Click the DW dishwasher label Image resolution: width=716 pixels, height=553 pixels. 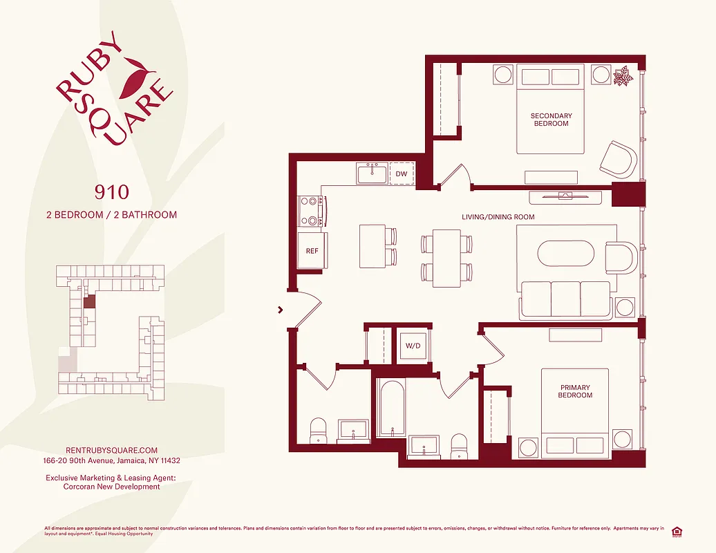(401, 174)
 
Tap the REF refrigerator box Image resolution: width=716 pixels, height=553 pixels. (312, 251)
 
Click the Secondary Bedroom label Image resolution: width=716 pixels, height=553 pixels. (551, 120)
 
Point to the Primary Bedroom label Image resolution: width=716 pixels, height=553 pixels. (575, 391)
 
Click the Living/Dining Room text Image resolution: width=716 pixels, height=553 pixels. (498, 217)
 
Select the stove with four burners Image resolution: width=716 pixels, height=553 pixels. (312, 212)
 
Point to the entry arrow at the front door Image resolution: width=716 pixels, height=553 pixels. (280, 310)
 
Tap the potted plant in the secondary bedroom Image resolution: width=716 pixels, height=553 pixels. (623, 75)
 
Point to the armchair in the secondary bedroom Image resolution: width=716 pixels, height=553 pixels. (619, 160)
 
